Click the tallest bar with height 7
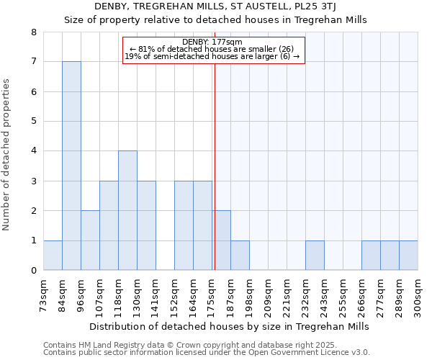(x=71, y=166)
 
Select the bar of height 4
(x=127, y=210)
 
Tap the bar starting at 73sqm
(x=53, y=256)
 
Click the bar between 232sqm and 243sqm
(x=315, y=256)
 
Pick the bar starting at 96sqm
(x=90, y=240)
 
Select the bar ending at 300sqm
(x=408, y=256)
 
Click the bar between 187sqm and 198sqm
(x=240, y=256)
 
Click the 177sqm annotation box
(x=214, y=50)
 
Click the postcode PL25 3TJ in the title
(x=312, y=7)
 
